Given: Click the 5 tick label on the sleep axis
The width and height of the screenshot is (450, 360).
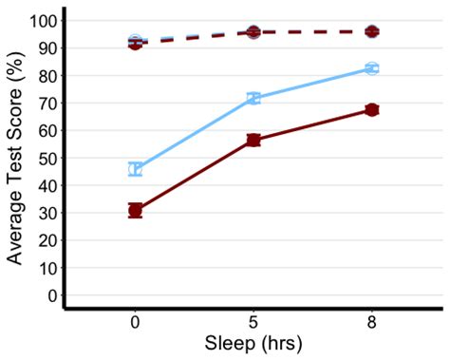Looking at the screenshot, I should pos(253,323).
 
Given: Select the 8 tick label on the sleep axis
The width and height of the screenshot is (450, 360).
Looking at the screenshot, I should pos(372,323).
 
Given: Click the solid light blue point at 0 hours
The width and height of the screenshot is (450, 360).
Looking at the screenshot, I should pos(135,169).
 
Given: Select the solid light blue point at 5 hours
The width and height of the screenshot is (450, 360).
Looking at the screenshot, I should pos(253,99).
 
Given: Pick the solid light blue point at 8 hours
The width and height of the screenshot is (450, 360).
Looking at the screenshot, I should pos(372,68).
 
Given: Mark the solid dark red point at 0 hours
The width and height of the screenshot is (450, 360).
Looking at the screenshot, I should pos(135,210).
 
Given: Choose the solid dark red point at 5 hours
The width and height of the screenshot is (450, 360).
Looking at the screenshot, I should pos(253,141).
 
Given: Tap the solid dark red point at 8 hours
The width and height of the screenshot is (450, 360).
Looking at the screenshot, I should pos(372,110).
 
